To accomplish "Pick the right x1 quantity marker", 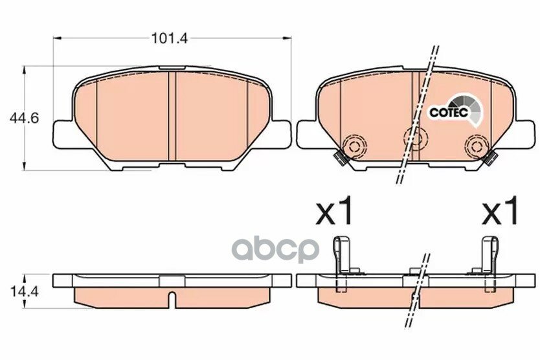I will click(x=501, y=211).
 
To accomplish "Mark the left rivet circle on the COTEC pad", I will click(x=354, y=143).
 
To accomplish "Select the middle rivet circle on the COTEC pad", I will click(x=414, y=137).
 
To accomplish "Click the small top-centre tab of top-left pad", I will click(x=169, y=68).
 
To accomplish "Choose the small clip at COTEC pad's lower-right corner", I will click(x=491, y=157).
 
